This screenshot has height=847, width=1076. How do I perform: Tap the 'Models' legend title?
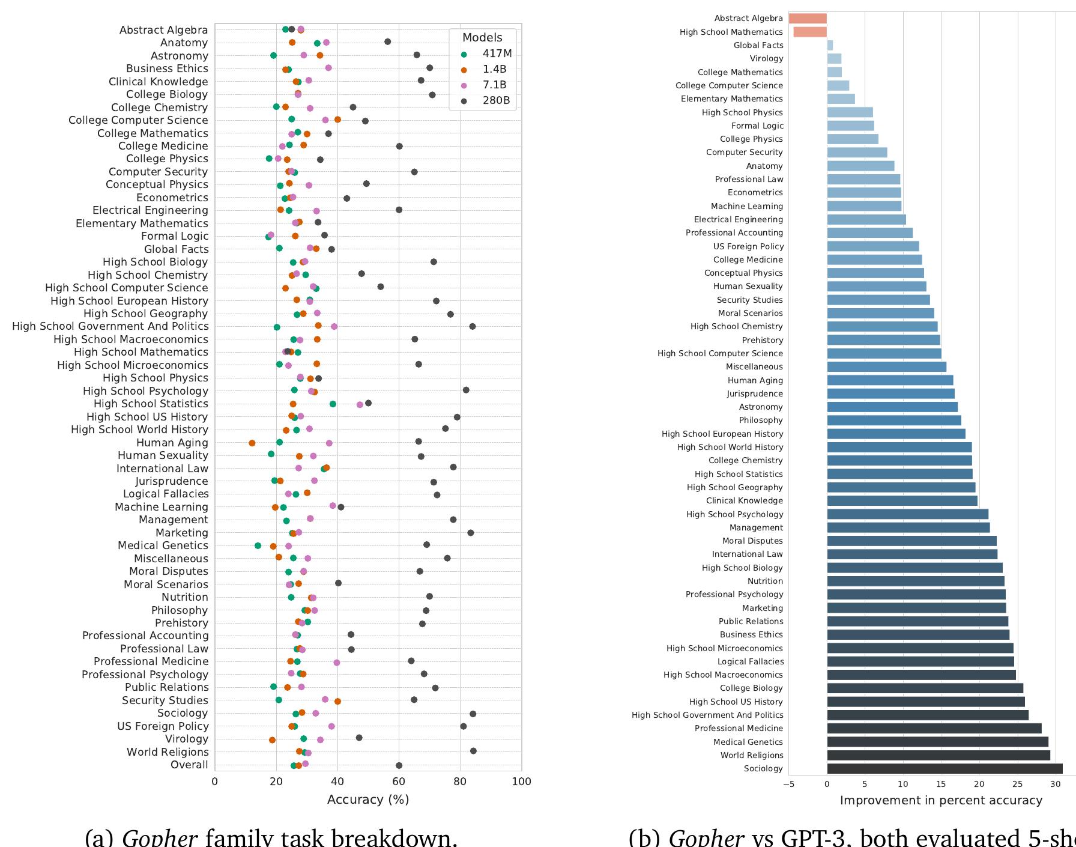point(482,37)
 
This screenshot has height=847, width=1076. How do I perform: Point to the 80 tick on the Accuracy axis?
point(460,782)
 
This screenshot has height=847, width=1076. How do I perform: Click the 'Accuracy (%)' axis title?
point(367,800)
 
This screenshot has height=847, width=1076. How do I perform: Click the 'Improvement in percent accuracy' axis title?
point(941,800)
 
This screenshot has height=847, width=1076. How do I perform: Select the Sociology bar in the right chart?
point(945,768)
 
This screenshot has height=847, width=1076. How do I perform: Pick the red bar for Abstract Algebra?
point(808,19)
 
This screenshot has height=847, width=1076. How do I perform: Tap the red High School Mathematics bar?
point(810,32)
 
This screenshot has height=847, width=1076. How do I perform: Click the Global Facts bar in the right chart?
point(830,45)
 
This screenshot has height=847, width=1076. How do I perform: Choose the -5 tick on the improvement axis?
point(789,783)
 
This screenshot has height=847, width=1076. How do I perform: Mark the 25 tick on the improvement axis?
point(1018,783)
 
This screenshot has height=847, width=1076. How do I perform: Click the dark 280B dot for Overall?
point(399,765)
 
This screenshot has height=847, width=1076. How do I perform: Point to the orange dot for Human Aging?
point(252,443)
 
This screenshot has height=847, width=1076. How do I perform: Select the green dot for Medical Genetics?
point(258,545)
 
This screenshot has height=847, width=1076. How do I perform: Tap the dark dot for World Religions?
point(473,751)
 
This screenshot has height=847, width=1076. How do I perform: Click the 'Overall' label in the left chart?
point(189,765)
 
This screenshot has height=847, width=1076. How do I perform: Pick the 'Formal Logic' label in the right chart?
point(757,126)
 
